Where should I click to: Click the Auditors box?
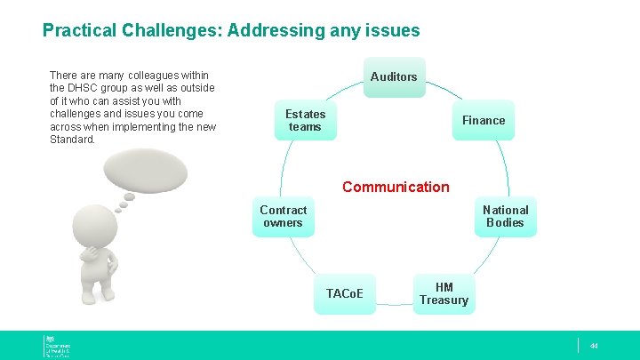393,77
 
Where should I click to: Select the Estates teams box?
305,120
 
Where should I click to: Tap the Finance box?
483,120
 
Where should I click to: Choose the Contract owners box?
283,216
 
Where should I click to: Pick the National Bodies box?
505,216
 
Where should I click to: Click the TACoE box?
350,293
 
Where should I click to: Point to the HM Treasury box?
444,293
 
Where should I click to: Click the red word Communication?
396,187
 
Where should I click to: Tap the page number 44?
595,346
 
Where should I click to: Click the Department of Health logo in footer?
57,346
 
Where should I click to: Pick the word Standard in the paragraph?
72,140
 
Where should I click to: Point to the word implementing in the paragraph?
142,126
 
